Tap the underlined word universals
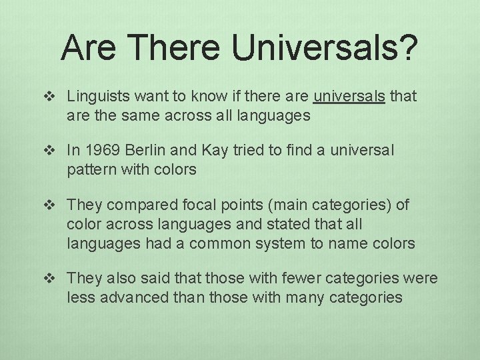pyautogui.click(x=349, y=97)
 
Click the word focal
pyautogui.click(x=219, y=205)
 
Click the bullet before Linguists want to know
pyautogui.click(x=55, y=97)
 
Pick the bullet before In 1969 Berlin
pyautogui.click(x=55, y=151)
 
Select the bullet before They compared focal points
pyautogui.click(x=55, y=205)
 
